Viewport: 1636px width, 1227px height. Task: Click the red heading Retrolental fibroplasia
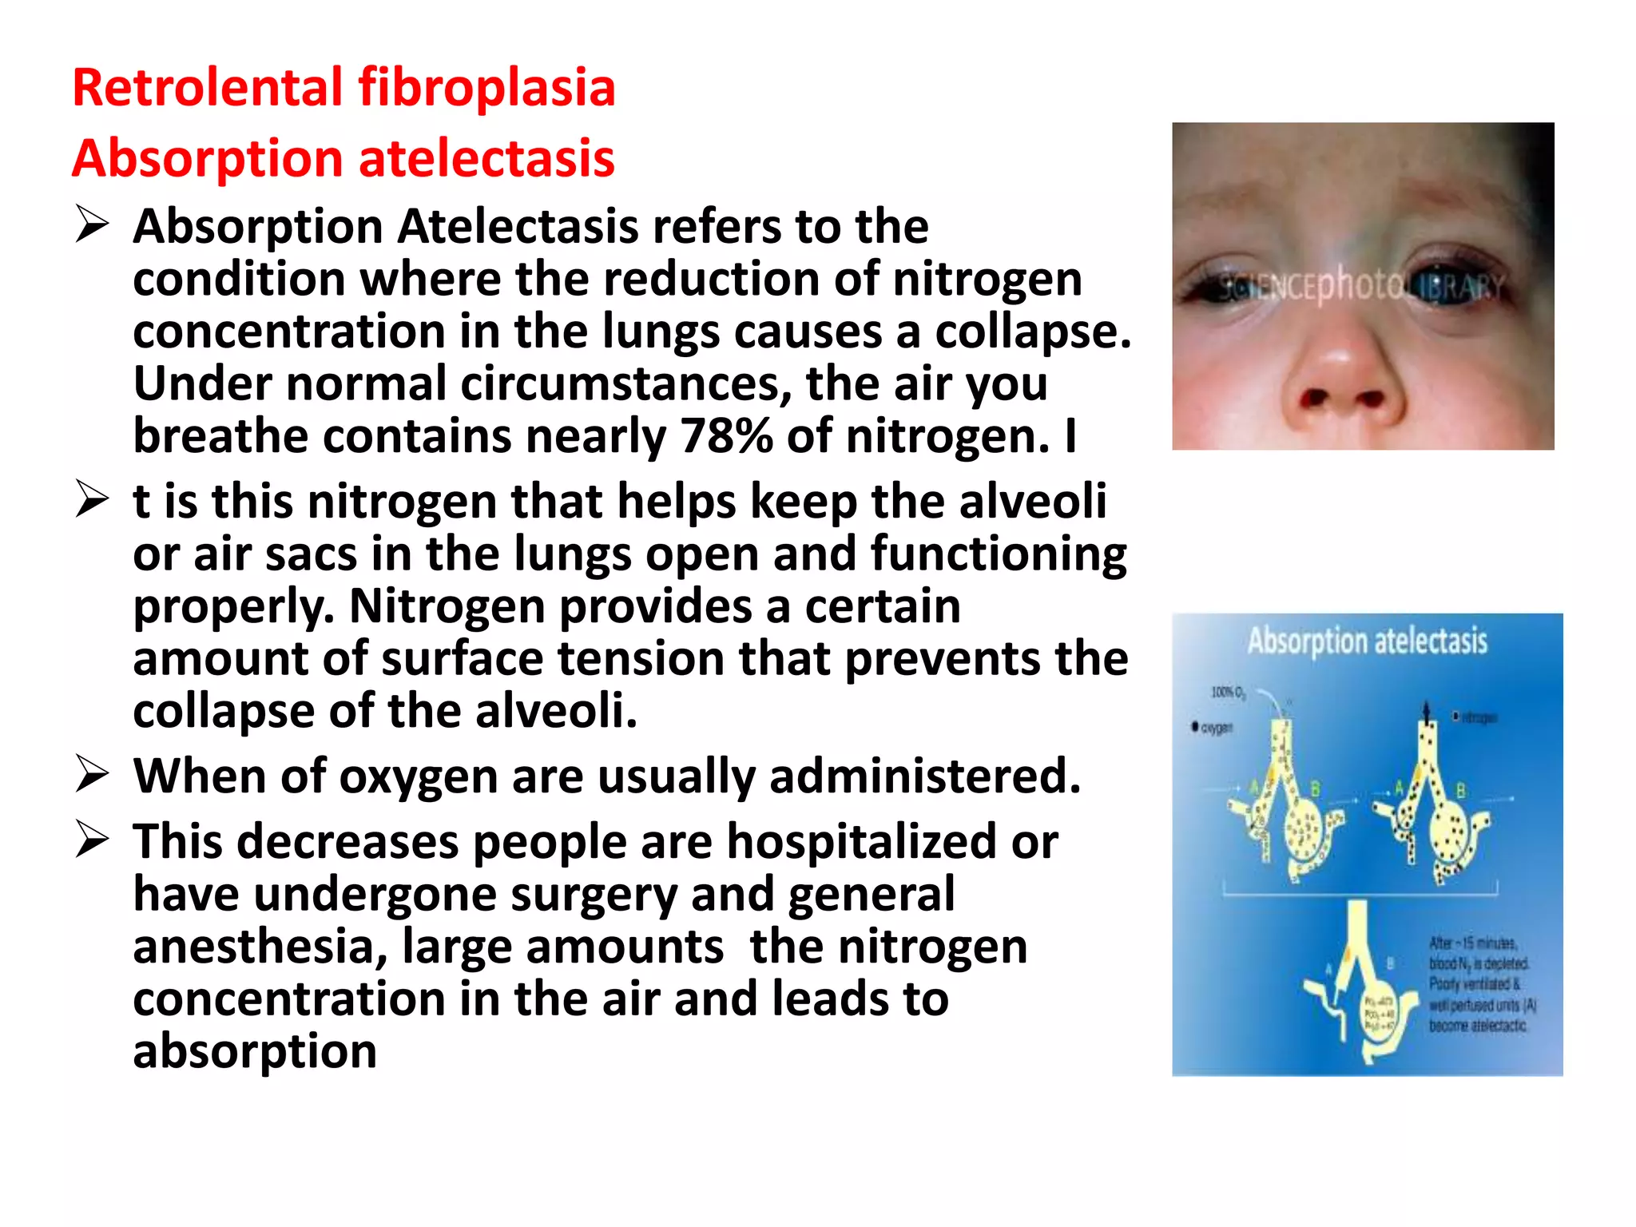(x=343, y=87)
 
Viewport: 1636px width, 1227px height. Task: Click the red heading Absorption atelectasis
(x=343, y=158)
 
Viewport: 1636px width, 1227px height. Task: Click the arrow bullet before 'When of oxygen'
(x=92, y=774)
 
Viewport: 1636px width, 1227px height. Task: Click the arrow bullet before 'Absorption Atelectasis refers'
(x=92, y=224)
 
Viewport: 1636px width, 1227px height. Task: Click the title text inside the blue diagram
(x=1368, y=641)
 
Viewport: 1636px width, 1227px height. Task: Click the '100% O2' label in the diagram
(x=1228, y=692)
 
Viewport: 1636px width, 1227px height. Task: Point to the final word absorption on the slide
(x=255, y=1051)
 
